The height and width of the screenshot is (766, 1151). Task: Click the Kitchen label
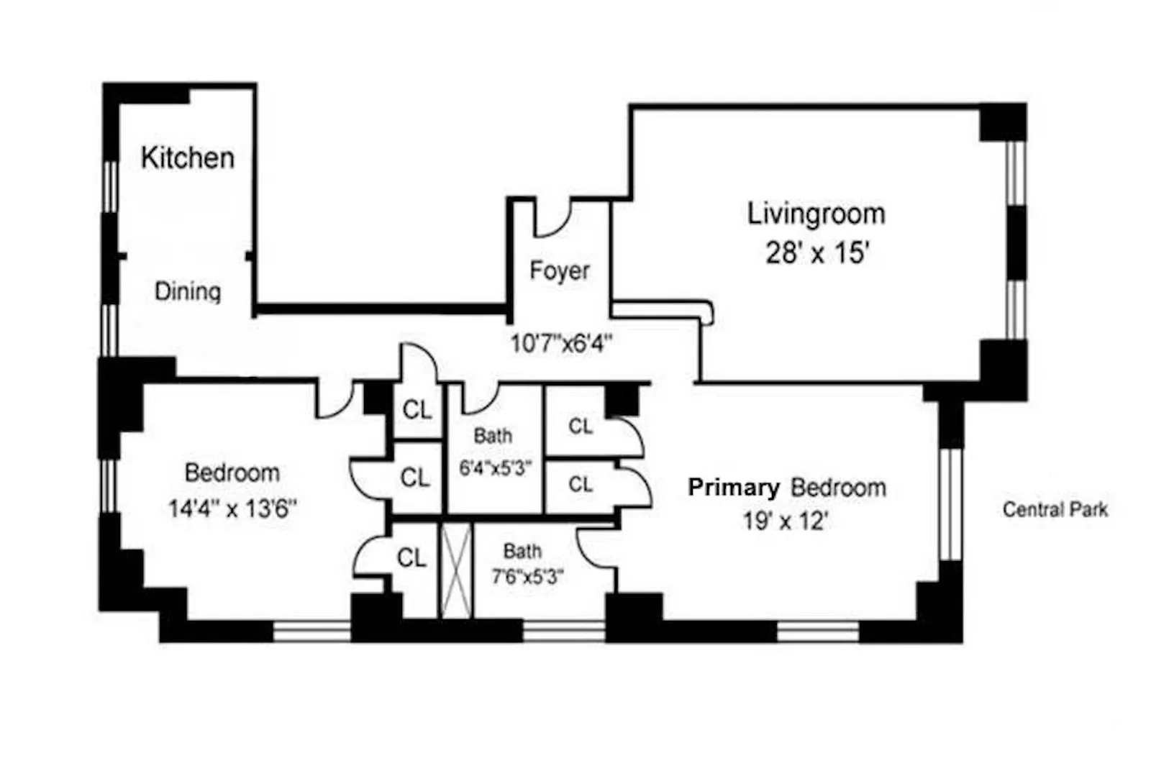click(187, 158)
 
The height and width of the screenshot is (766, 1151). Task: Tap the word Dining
click(188, 291)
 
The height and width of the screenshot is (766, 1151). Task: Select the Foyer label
click(559, 270)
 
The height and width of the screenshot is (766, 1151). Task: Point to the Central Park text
click(1055, 510)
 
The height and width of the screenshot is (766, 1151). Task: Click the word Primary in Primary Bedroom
click(733, 488)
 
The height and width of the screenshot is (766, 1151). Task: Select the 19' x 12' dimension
click(786, 520)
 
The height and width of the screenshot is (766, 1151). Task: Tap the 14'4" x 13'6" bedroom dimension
click(232, 509)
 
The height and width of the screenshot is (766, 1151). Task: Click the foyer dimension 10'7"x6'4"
click(560, 344)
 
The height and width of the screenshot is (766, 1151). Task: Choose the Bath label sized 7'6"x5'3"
click(522, 552)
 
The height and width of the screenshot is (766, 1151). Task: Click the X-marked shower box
click(455, 570)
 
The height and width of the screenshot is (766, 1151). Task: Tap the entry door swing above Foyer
click(552, 219)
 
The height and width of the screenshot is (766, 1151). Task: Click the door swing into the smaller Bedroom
click(334, 401)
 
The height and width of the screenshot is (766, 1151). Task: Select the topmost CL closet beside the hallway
click(417, 410)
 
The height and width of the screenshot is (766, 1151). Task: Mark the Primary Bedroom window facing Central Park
click(950, 503)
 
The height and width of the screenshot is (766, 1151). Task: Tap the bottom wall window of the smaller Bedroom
click(311, 632)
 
